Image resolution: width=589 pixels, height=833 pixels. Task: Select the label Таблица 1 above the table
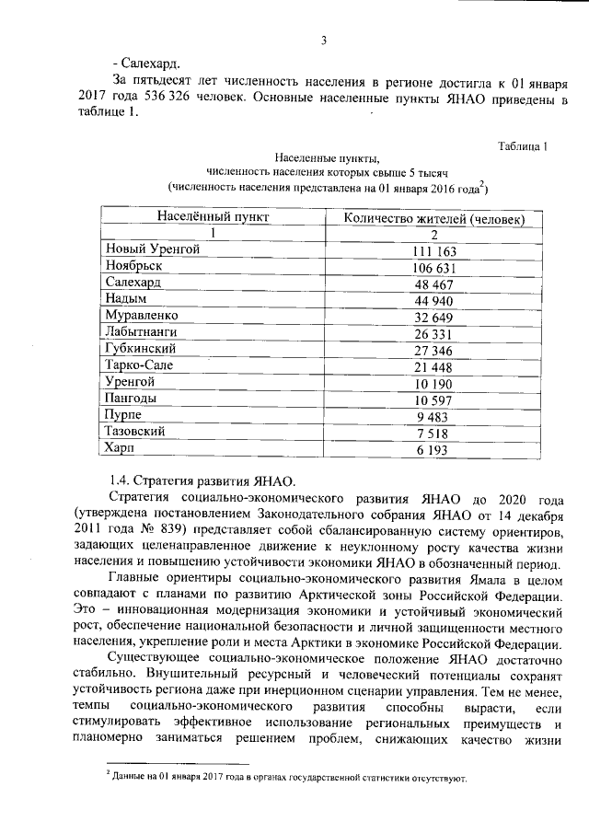pos(524,146)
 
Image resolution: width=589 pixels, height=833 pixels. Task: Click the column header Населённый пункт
pos(213,217)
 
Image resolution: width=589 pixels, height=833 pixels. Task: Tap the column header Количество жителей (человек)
pos(435,218)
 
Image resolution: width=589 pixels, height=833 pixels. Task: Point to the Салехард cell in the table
pos(133,283)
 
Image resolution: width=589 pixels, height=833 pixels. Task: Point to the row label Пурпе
pos(124,414)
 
